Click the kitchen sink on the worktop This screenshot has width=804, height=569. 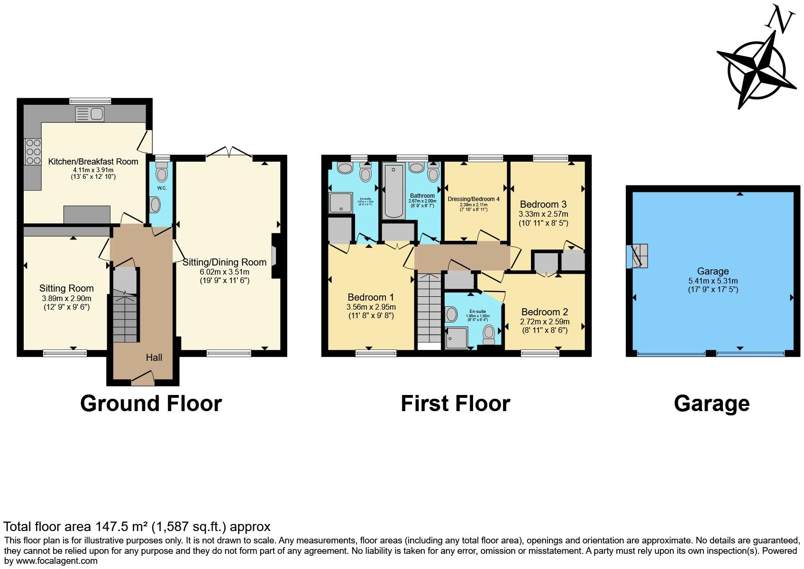pyautogui.click(x=90, y=114)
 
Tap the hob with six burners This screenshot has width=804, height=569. pyautogui.click(x=33, y=151)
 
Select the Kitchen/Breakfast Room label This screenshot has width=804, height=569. pyautogui.click(x=93, y=161)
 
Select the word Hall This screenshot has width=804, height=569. pyautogui.click(x=154, y=358)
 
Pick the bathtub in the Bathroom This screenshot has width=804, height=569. pyautogui.click(x=393, y=191)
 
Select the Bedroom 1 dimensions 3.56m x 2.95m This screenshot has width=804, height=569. pyautogui.click(x=371, y=307)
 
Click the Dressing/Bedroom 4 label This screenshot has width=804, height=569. pyautogui.click(x=474, y=199)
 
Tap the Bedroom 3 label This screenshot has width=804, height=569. pyautogui.click(x=543, y=204)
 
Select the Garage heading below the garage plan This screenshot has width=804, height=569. pyautogui.click(x=712, y=404)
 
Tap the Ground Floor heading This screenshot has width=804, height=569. pyautogui.click(x=151, y=404)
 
